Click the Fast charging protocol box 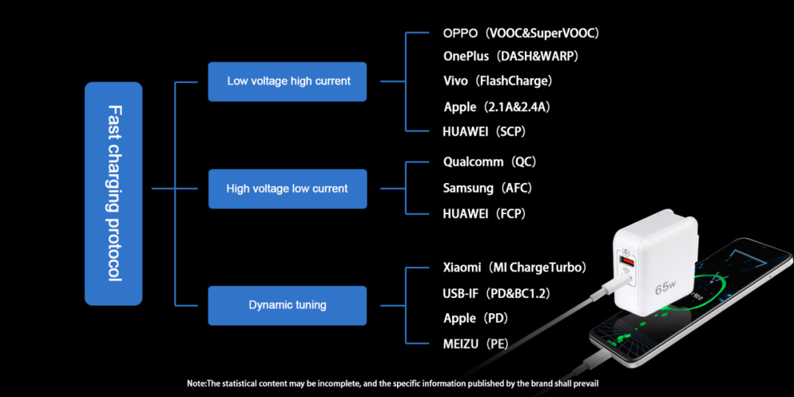pos(113,193)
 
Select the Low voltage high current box pos(287,82)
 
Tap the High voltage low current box pos(287,189)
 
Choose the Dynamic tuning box pos(287,305)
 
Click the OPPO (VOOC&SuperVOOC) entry pos(521,33)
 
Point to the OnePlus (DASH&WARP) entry pos(510,57)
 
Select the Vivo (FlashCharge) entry pos(497,81)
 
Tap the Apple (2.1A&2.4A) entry pos(496,107)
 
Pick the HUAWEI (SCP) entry pos(484,132)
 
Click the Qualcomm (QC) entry pos(489,162)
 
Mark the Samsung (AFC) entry pos(487,188)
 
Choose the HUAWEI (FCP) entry pos(484,214)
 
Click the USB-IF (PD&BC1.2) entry pos(496,293)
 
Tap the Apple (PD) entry pos(476,318)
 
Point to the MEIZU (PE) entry pos(476,345)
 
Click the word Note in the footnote pos(196,383)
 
